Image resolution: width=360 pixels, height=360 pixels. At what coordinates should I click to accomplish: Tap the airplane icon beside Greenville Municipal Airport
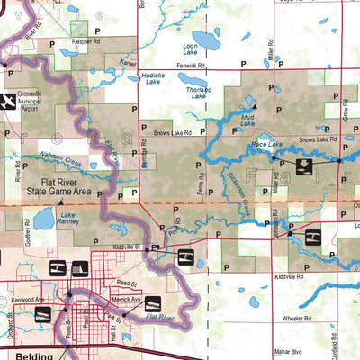point(10,101)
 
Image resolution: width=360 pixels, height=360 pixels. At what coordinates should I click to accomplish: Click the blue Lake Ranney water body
point(44,219)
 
